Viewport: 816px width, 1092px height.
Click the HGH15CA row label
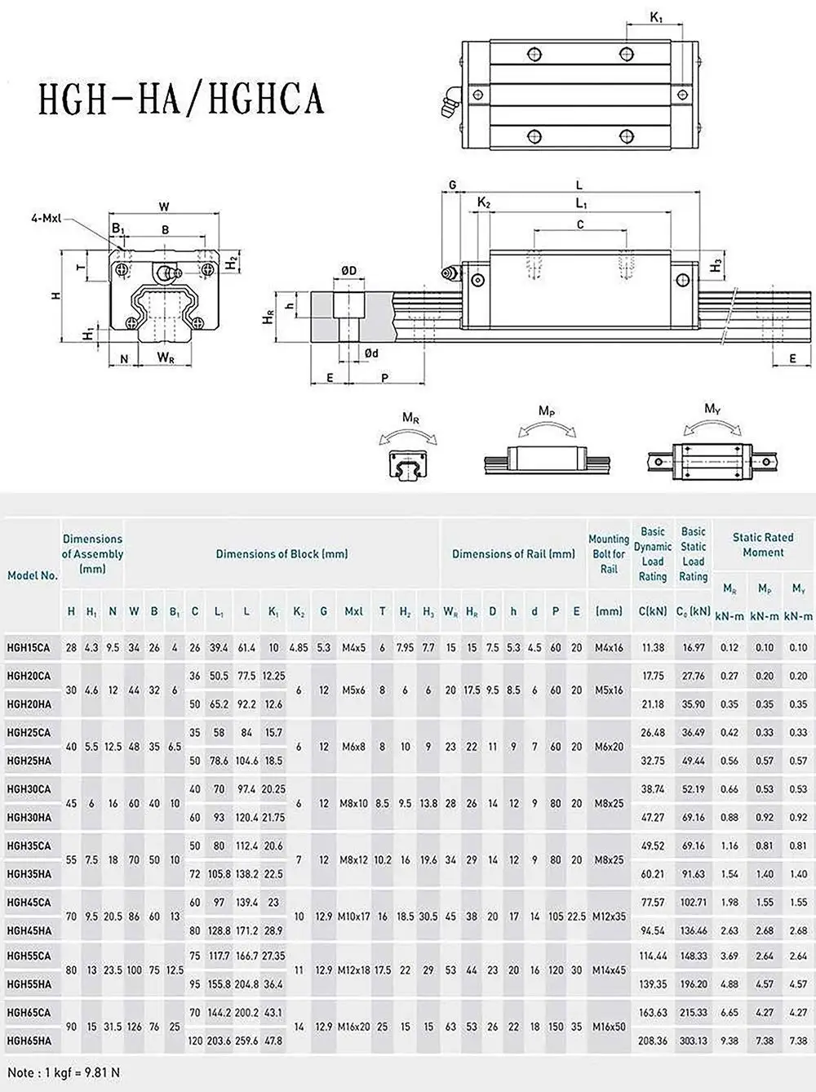[x=28, y=647]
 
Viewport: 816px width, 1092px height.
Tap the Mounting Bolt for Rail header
[x=609, y=553]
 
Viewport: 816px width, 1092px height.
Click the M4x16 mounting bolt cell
[x=609, y=647]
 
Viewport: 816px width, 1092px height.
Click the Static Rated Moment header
[x=762, y=544]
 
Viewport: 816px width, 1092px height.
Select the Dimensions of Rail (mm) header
[x=513, y=553]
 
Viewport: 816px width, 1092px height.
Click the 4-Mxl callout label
[x=47, y=219]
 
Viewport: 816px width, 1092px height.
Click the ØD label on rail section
[x=348, y=271]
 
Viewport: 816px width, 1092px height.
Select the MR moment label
[x=410, y=417]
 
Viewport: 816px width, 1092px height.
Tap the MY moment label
[x=712, y=408]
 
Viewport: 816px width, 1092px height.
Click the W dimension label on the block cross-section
[x=164, y=206]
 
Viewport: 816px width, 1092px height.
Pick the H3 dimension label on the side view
[x=715, y=266]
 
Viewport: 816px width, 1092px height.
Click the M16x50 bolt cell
[x=609, y=1026]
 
